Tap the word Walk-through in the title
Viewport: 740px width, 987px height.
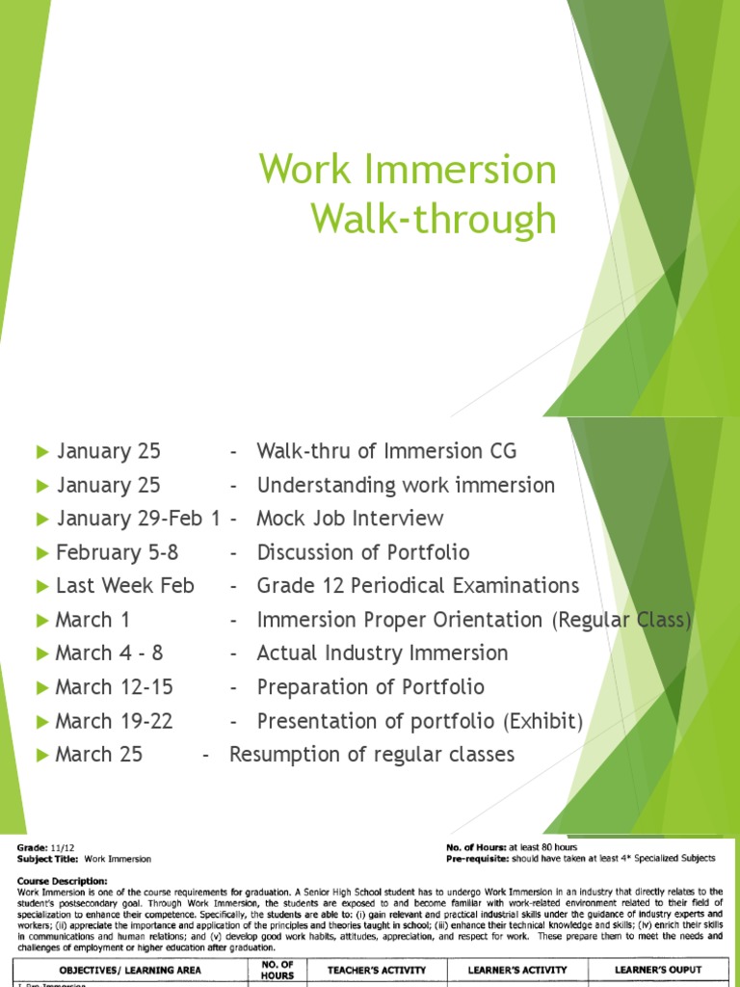[x=433, y=219]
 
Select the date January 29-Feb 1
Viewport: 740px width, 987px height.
[x=139, y=519]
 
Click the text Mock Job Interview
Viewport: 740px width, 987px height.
[x=350, y=519]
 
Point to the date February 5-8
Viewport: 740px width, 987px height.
[x=117, y=552]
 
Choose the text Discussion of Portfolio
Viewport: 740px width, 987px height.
[x=363, y=552]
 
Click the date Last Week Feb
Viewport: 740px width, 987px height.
[x=124, y=586]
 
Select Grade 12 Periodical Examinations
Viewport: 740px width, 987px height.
[x=418, y=586]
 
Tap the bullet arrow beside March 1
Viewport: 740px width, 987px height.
[x=41, y=620]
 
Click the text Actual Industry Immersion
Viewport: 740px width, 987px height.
[x=382, y=654]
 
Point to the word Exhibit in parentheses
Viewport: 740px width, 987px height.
[x=548, y=721]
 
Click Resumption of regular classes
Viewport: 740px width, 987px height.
[x=372, y=755]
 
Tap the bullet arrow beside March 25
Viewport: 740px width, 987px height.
[x=41, y=755]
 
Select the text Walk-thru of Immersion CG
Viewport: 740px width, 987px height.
[x=386, y=451]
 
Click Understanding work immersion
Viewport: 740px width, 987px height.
[x=406, y=485]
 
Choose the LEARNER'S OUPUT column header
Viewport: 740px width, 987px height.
[x=657, y=969]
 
